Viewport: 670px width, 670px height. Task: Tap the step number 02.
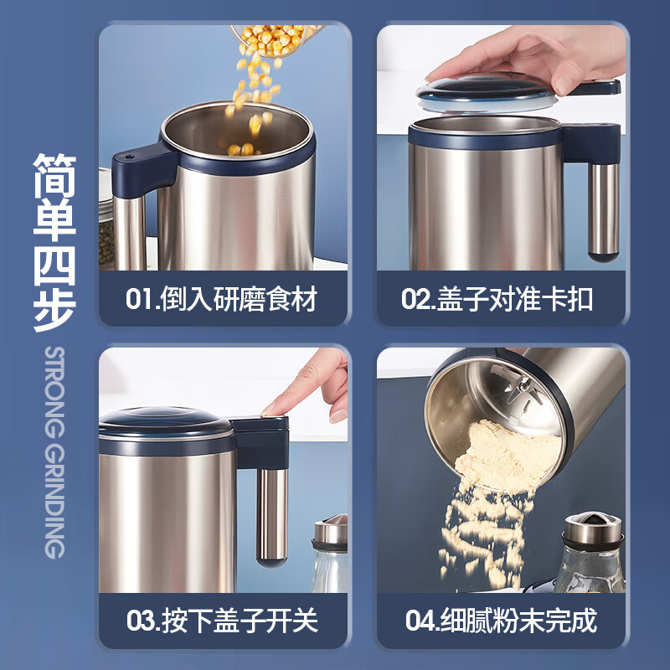tap(416, 300)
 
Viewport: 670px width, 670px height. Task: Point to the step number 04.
tap(418, 621)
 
